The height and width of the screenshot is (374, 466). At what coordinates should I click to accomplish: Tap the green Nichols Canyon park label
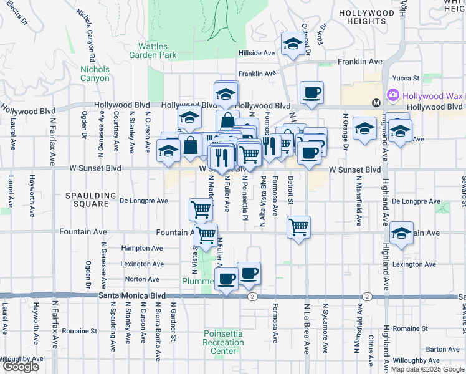(x=95, y=74)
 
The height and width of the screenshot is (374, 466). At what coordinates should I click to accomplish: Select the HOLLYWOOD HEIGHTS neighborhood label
(x=366, y=17)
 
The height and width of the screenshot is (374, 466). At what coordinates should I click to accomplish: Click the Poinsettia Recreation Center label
(x=223, y=342)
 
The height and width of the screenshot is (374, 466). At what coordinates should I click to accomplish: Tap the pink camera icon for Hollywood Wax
(x=393, y=95)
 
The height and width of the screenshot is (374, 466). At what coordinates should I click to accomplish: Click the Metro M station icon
(x=376, y=103)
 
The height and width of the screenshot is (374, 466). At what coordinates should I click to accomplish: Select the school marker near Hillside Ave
(x=293, y=44)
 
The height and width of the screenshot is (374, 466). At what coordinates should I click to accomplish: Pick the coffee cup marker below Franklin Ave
(x=311, y=93)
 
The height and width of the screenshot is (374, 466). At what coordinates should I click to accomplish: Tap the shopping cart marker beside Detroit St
(x=299, y=226)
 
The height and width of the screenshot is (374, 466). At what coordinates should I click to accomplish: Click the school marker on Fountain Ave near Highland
(x=402, y=233)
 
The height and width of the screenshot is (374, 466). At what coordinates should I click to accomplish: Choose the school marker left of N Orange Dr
(x=364, y=129)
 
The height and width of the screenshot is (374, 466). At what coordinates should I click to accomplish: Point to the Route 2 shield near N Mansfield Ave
(x=367, y=297)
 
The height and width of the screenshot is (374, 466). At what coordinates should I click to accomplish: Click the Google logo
(x=21, y=367)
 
